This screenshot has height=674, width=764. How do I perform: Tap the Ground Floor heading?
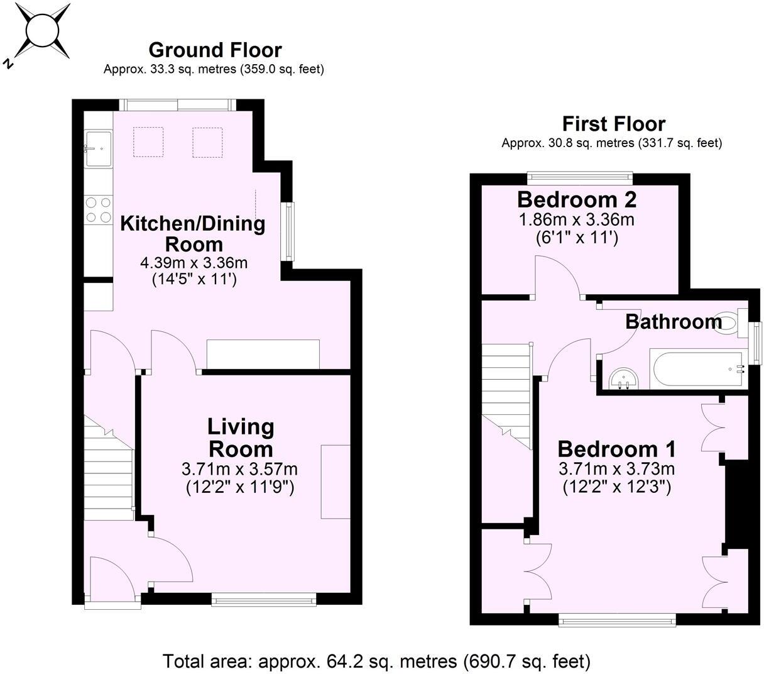click(x=215, y=50)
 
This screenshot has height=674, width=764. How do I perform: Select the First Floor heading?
click(x=613, y=123)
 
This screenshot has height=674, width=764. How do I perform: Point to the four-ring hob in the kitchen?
click(x=98, y=210)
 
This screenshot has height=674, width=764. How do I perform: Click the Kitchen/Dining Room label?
click(x=194, y=233)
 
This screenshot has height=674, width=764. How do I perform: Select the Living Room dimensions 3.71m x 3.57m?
click(x=239, y=469)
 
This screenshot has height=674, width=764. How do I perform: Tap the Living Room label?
click(x=241, y=438)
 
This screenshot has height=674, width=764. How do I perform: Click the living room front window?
click(x=264, y=600)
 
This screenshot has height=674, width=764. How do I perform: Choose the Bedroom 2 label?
click(x=576, y=200)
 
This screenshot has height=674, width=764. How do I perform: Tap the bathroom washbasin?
click(x=624, y=379)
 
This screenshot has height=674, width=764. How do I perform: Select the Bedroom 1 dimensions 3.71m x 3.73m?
click(x=616, y=469)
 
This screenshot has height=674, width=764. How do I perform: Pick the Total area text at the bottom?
click(x=376, y=661)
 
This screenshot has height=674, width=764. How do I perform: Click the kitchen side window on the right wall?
click(x=288, y=231)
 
